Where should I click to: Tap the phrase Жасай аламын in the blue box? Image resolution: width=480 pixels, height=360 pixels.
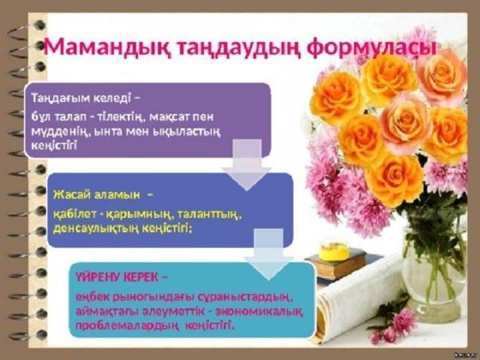coord(97,195)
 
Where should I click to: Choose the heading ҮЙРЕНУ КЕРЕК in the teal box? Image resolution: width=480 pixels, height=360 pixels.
coord(117,277)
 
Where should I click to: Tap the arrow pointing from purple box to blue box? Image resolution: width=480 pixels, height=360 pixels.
coord(247,165)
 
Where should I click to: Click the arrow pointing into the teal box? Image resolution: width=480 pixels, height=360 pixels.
coord(269,254)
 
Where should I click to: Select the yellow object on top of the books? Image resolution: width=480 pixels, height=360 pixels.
coord(334,252)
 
